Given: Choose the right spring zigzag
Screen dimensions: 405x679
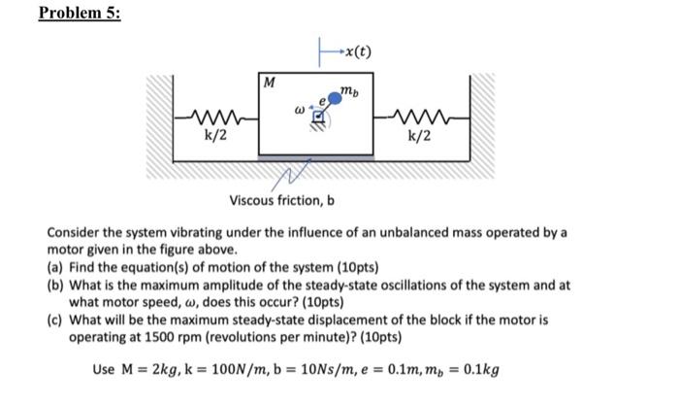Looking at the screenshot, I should (419, 118).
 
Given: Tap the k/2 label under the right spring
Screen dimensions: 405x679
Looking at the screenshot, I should (420, 136).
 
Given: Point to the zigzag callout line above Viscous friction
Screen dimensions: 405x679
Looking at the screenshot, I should (292, 176).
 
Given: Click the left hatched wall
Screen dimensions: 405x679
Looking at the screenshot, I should (159, 117).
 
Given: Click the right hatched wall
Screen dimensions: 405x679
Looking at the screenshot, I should (482, 117).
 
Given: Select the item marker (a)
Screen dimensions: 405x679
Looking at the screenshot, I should (57, 266).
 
